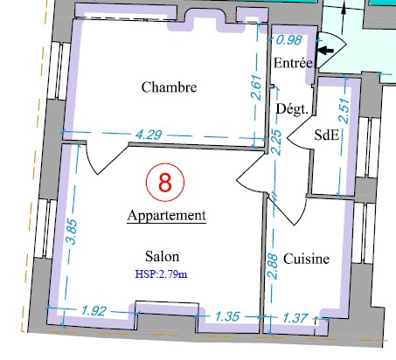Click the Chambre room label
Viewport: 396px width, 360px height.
coord(169,87)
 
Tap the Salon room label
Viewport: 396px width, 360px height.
coord(163,257)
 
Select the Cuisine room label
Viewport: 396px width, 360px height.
coord(306,259)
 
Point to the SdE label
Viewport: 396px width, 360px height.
coord(327,135)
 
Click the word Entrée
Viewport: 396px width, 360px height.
coord(293,63)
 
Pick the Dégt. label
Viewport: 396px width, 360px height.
coord(292,109)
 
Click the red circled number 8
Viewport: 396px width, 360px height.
coord(165,183)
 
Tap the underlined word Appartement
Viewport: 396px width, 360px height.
coord(167,216)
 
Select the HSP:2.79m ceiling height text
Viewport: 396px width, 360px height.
coord(161,274)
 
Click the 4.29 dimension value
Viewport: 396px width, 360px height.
coord(149,135)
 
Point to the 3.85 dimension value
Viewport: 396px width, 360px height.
coord(72,232)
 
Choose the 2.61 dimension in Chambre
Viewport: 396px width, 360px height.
coord(257,87)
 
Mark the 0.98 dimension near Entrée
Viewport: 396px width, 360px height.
coord(288,40)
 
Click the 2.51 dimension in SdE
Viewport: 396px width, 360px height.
coord(344,111)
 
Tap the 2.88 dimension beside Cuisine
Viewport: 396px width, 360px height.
coord(273,267)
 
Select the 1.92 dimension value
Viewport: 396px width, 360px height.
coord(94,311)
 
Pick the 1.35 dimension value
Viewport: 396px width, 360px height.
coord(227,316)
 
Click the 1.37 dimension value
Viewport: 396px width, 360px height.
coord(295,318)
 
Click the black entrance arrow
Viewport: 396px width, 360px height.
coord(325,51)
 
